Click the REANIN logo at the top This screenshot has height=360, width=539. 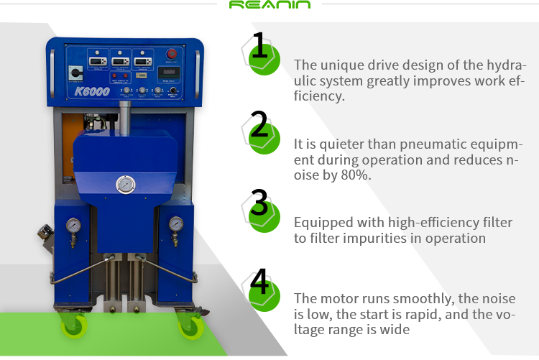tap(269, 6)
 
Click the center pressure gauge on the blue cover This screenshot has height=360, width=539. tap(125, 185)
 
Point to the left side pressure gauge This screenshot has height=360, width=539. tap(72, 225)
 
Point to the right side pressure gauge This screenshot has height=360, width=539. tap(175, 224)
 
